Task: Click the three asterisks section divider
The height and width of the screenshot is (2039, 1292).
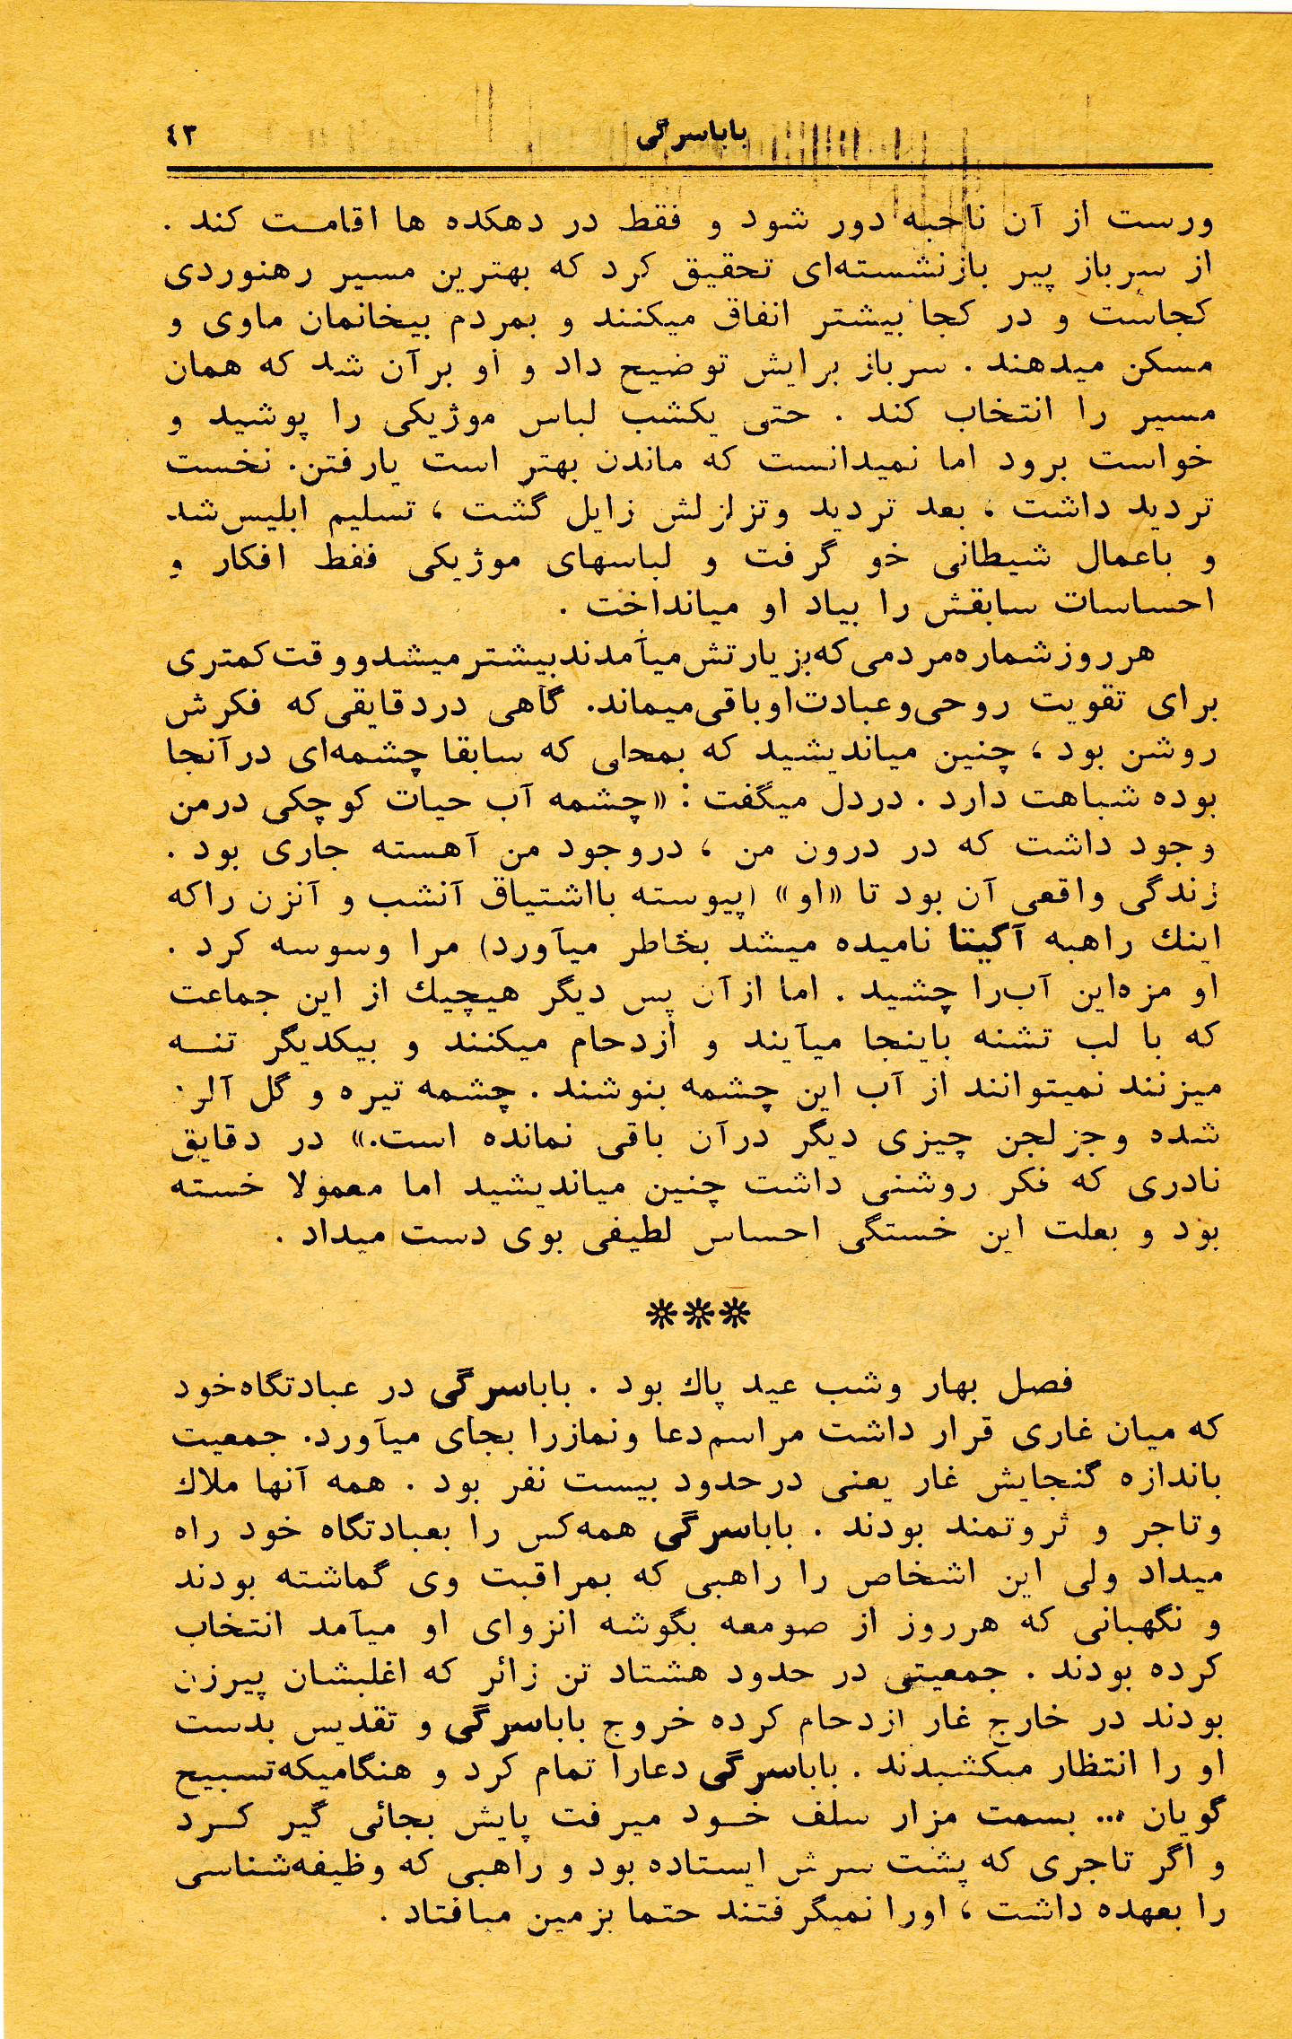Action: pyautogui.click(x=698, y=1314)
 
